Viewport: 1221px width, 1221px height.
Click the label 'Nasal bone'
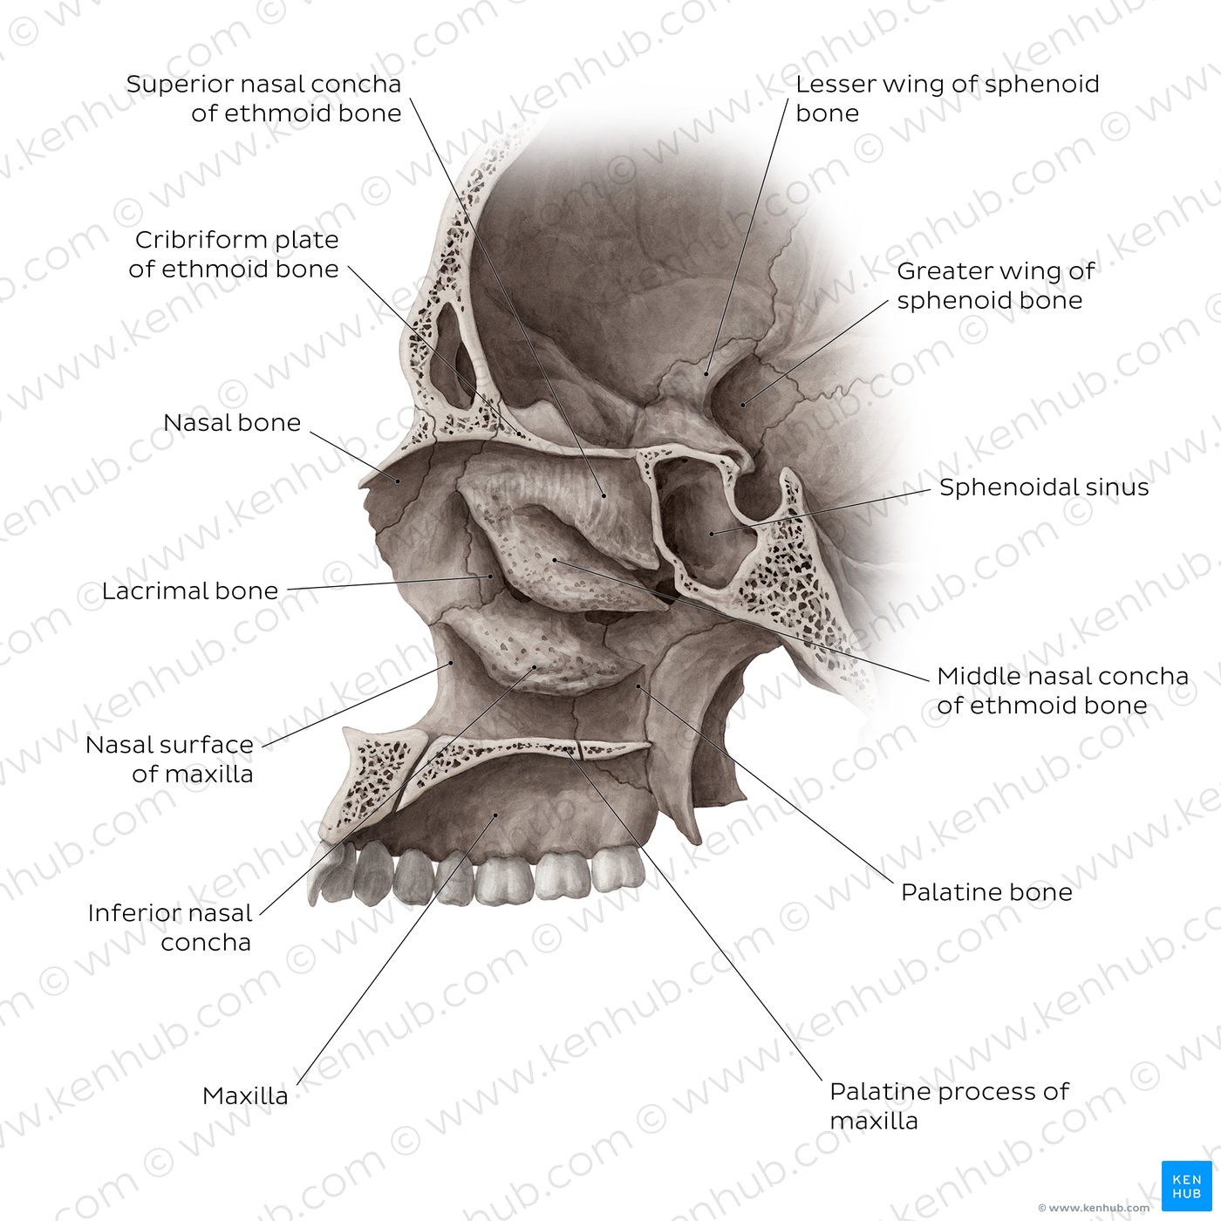[232, 423]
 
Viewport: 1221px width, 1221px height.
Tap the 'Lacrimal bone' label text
[190, 591]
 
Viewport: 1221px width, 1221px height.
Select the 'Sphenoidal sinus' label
[1044, 488]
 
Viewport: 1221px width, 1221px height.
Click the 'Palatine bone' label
[986, 892]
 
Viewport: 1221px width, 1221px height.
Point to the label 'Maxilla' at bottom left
[245, 1095]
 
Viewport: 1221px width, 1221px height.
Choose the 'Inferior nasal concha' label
[170, 928]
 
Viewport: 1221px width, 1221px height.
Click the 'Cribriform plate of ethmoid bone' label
[234, 255]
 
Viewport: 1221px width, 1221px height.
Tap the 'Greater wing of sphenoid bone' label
[995, 286]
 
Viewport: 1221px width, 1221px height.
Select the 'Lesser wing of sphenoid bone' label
[947, 99]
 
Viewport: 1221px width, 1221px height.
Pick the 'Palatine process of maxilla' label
[949, 1107]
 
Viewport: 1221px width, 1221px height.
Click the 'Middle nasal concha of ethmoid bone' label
[1062, 691]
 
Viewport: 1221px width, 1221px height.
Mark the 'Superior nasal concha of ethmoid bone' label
[263, 99]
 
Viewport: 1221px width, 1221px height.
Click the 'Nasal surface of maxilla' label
[170, 759]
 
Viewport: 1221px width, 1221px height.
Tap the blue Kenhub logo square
[1187, 1186]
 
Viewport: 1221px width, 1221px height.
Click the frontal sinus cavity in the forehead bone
[453, 356]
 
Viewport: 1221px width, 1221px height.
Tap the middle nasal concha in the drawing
[557, 564]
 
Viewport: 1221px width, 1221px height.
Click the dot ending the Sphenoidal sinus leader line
[712, 534]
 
